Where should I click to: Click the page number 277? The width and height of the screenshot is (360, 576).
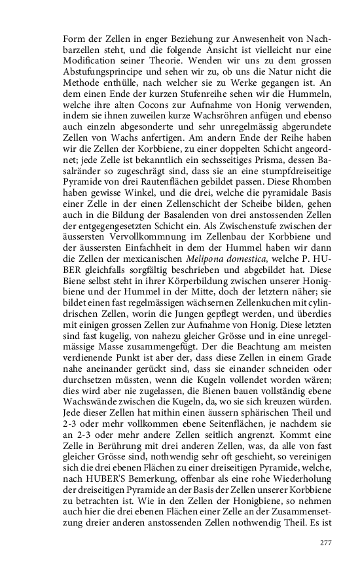(325, 543)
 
